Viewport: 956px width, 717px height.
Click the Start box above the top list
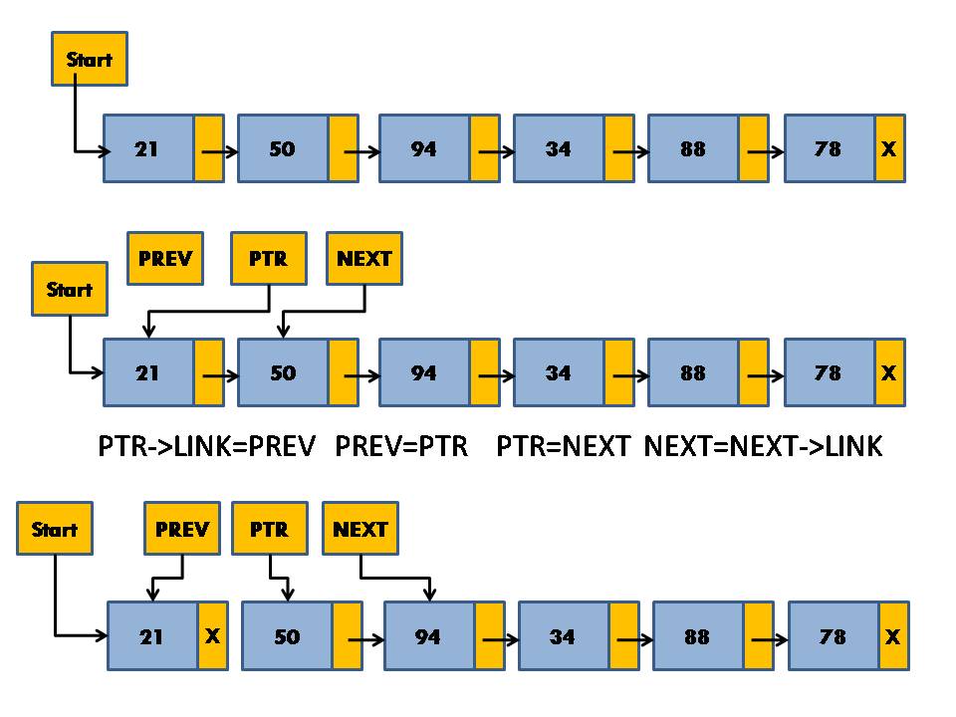point(90,59)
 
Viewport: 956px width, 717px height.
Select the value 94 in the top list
point(424,148)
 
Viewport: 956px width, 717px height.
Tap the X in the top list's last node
point(889,148)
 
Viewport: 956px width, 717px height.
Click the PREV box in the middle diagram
point(165,259)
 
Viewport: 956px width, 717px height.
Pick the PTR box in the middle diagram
point(269,259)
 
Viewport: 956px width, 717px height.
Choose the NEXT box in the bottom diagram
point(360,529)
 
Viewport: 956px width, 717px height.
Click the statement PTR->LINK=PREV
point(206,445)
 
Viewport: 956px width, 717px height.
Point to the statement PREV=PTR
point(401,445)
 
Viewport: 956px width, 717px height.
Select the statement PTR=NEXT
point(563,445)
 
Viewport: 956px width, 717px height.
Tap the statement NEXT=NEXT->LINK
point(763,445)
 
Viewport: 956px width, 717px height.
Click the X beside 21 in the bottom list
point(212,635)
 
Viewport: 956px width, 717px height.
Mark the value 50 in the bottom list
point(287,635)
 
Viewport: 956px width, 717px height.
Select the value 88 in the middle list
point(693,372)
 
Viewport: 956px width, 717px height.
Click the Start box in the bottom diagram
point(55,529)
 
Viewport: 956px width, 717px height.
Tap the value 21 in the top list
point(147,148)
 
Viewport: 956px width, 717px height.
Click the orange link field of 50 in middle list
point(343,372)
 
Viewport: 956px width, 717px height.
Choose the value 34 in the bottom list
point(563,635)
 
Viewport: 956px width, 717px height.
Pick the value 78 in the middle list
point(829,372)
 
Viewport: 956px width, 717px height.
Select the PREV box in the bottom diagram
point(182,529)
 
